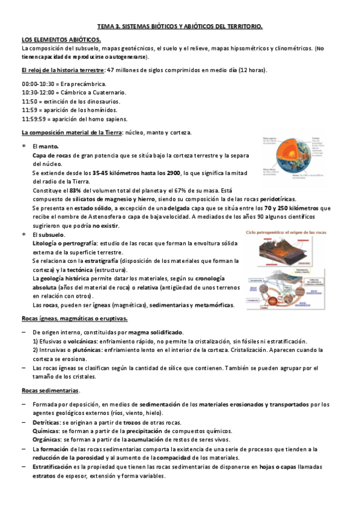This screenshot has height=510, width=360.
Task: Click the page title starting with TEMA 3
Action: tap(180, 27)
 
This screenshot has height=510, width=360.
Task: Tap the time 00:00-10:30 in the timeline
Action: tap(38, 84)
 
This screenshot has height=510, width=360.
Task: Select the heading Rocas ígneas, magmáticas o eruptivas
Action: tap(74, 318)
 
